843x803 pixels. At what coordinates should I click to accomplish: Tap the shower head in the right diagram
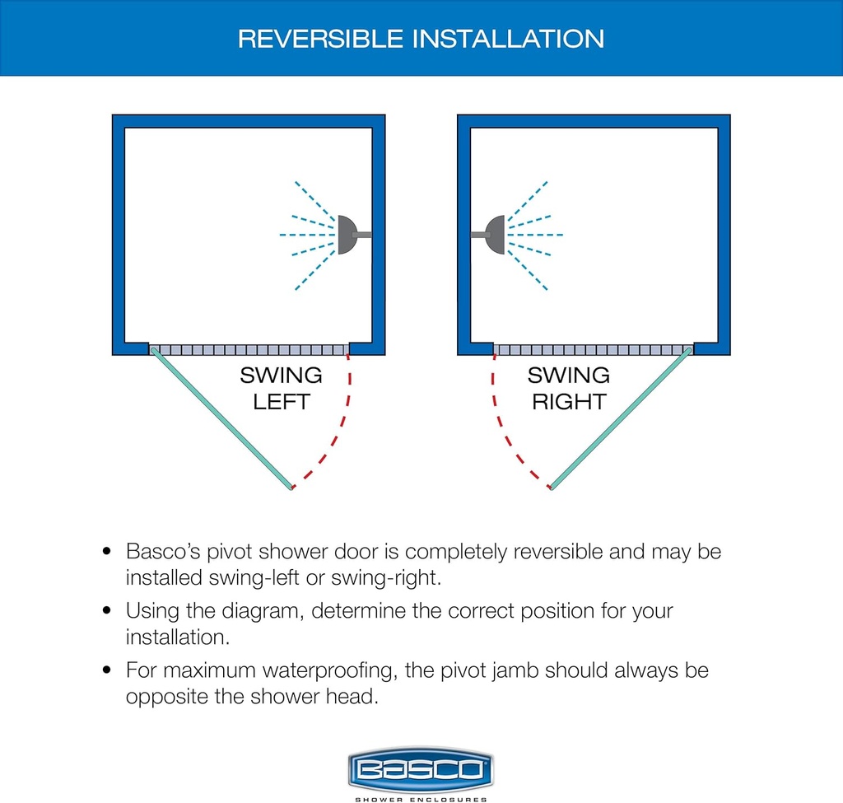click(495, 235)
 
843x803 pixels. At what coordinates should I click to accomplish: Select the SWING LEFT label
click(281, 389)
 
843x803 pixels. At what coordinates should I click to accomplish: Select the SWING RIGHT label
click(569, 389)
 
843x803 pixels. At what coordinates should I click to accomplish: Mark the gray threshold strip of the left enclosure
click(249, 350)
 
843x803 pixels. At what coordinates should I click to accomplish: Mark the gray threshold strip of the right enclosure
click(593, 350)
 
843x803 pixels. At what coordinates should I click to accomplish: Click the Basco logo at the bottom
click(421, 771)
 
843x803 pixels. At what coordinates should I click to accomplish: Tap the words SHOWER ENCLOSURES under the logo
click(421, 798)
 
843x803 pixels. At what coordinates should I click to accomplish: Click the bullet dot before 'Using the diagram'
click(106, 612)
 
